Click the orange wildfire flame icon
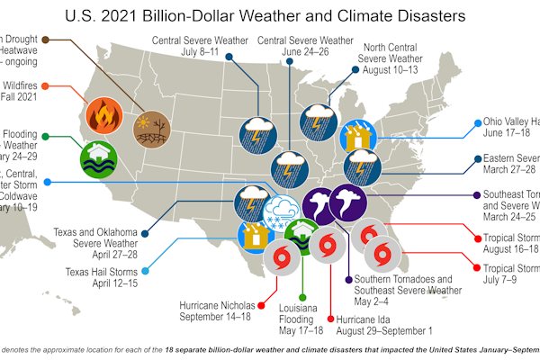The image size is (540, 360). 102,115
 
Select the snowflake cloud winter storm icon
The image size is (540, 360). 279,213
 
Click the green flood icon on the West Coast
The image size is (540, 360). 99,155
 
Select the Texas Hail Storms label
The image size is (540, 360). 101,269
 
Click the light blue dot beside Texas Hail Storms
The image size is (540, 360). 145,269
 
